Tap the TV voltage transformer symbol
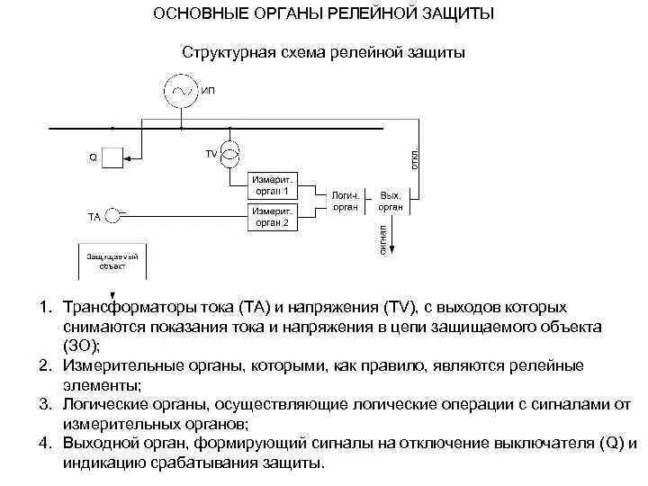231,153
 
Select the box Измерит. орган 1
271,185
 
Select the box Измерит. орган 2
271,217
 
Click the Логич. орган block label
345,201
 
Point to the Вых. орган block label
391,201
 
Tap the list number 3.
44,405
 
